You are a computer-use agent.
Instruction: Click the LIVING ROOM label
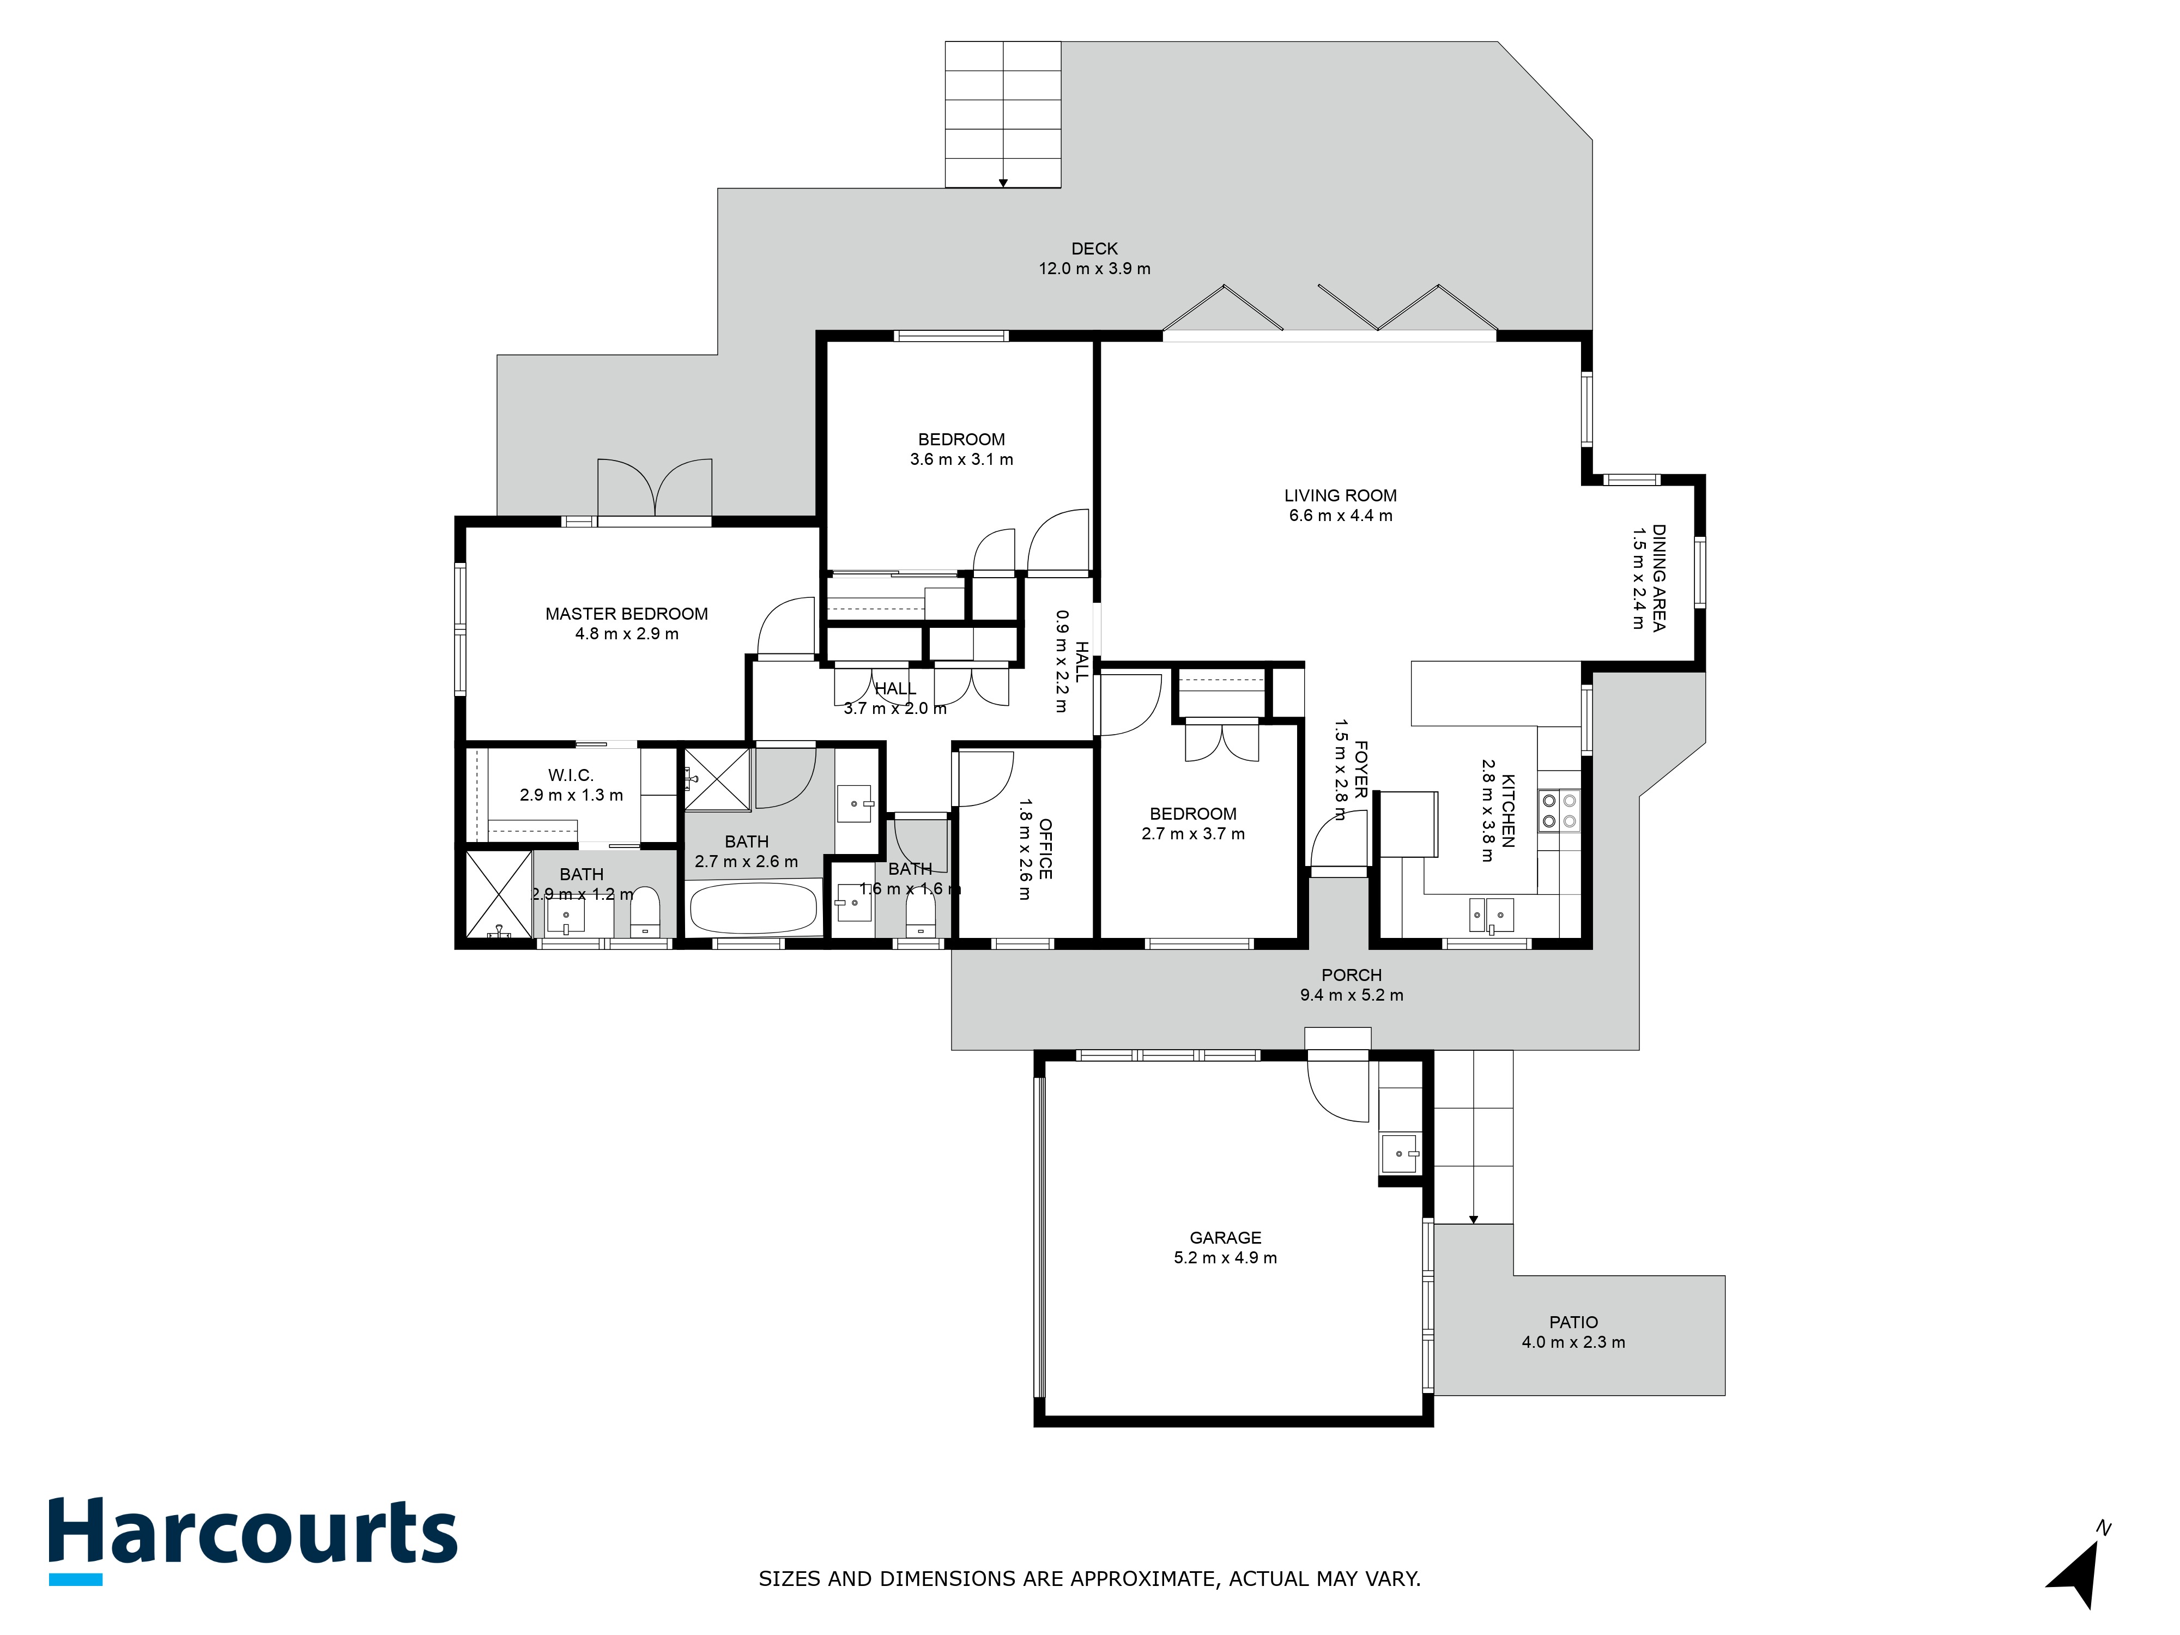tap(1340, 496)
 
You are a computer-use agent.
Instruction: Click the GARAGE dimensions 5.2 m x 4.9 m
tap(1225, 1257)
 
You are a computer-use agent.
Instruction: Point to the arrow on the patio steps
tap(1473, 1219)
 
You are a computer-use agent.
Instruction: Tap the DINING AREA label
tap(1658, 578)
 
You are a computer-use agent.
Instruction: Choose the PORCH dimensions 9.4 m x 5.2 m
tap(1351, 995)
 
